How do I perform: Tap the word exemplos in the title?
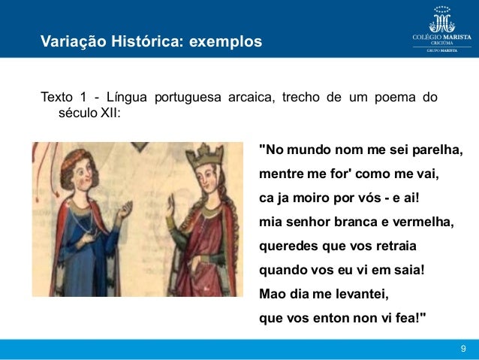(x=226, y=40)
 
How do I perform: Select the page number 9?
(x=463, y=348)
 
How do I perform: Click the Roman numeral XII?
(x=104, y=113)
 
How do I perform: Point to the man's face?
(x=85, y=177)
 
